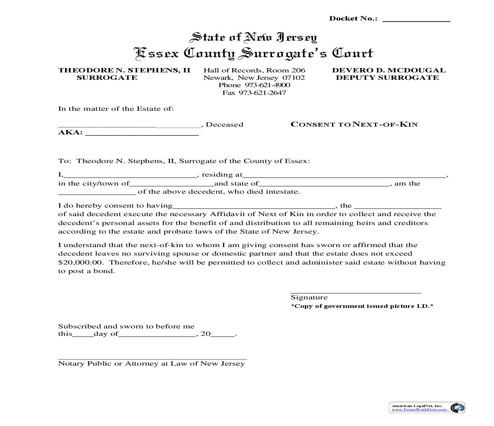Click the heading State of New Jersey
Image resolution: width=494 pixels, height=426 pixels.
click(253, 37)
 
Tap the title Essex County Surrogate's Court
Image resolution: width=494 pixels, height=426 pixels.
click(253, 53)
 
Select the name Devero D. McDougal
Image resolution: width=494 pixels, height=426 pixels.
click(389, 70)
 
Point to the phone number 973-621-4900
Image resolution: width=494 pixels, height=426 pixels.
click(254, 85)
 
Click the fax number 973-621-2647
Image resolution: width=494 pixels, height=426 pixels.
click(254, 93)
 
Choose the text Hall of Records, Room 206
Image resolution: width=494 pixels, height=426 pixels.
click(254, 70)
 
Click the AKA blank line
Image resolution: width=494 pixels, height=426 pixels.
click(141, 134)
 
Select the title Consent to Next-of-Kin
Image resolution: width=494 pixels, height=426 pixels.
click(354, 124)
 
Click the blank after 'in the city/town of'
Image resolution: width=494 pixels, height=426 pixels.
click(172, 185)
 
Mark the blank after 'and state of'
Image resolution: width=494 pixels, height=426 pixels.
click(324, 185)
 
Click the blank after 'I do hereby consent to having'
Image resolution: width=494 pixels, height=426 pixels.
click(254, 207)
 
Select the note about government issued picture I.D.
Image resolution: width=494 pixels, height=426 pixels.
click(362, 306)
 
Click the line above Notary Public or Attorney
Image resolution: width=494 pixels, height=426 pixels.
click(152, 359)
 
